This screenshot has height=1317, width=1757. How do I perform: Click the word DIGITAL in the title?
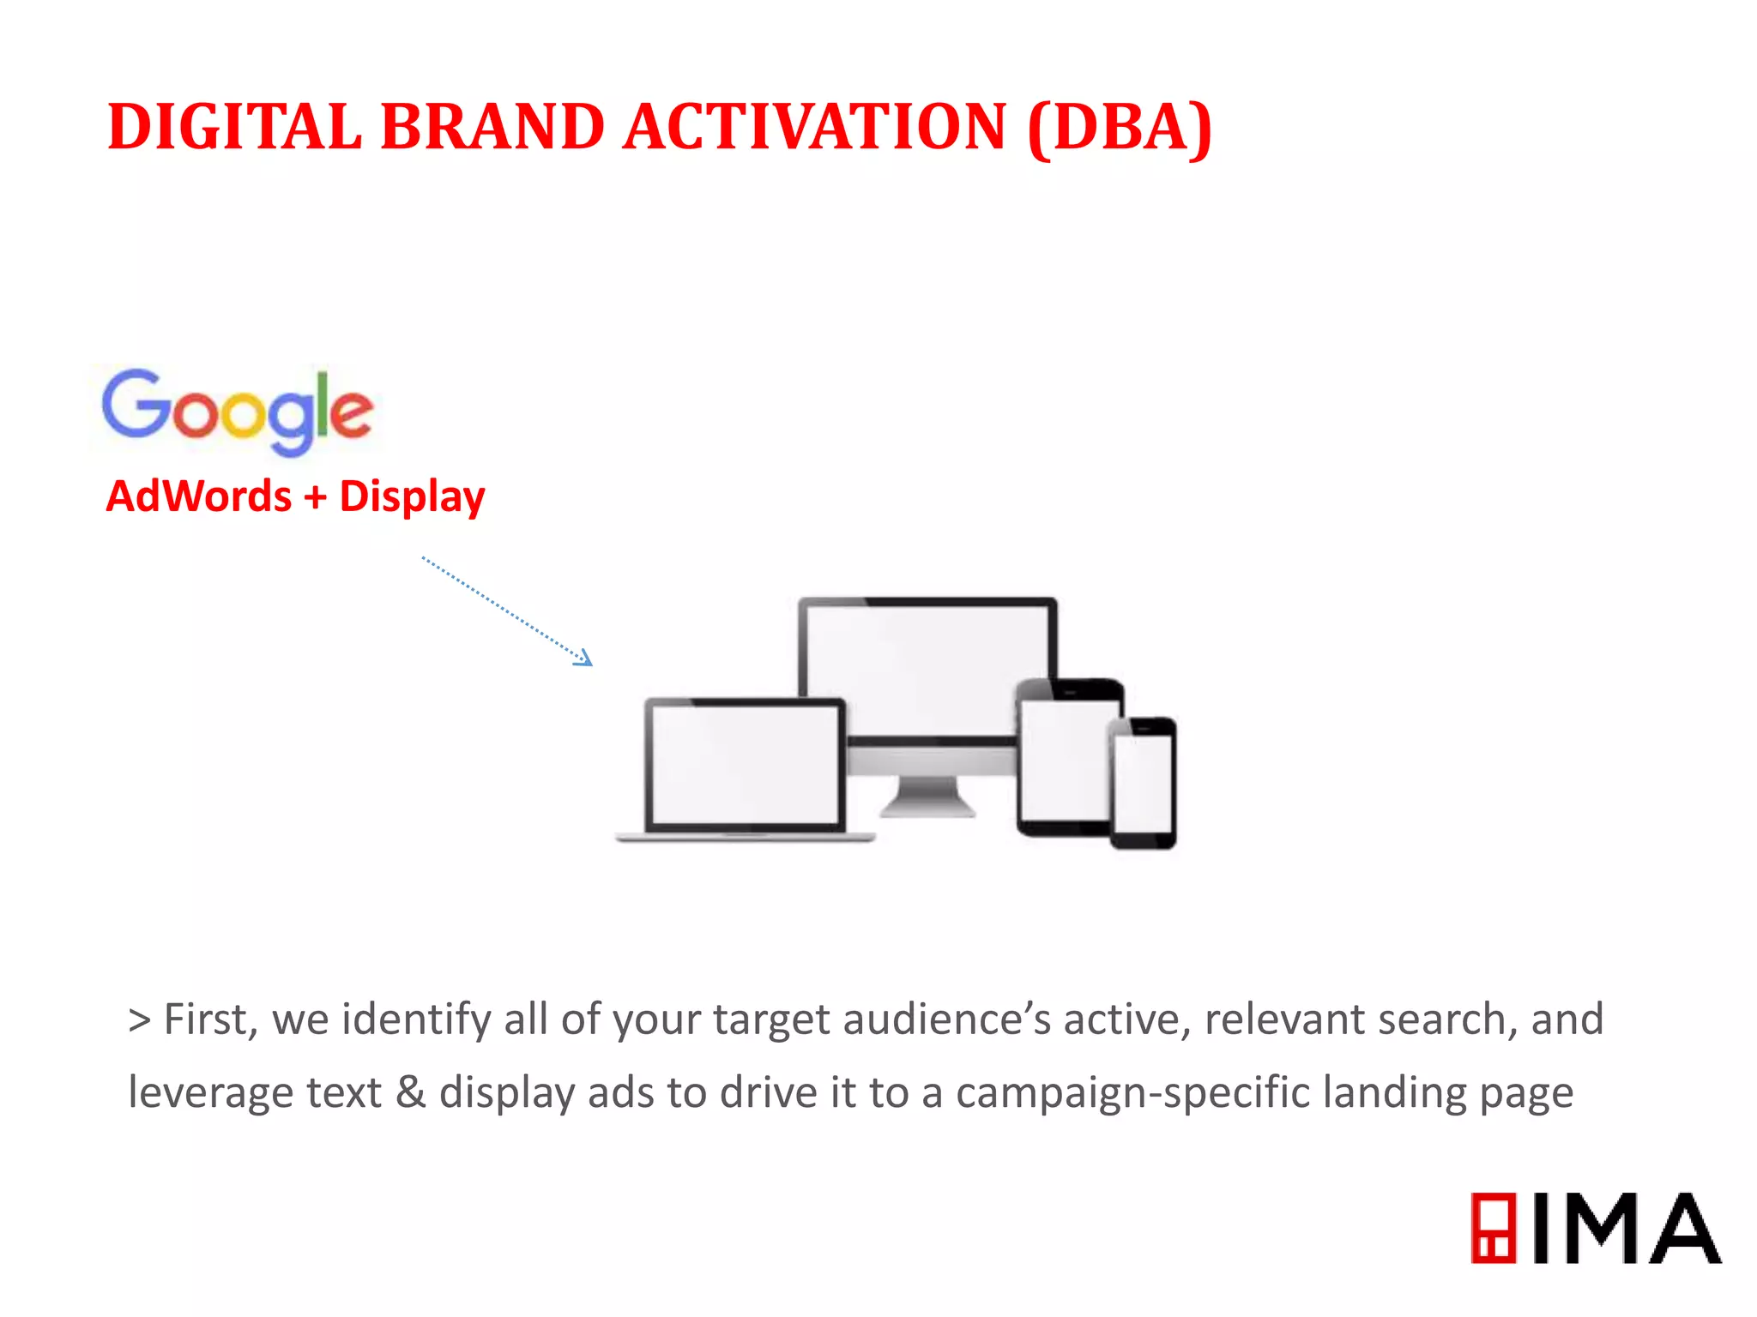(234, 127)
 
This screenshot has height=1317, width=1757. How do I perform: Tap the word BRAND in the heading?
(492, 127)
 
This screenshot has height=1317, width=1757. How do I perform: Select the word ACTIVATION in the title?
(815, 127)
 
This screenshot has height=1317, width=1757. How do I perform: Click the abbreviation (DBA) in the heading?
(1119, 127)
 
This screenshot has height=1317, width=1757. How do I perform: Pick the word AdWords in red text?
(199, 496)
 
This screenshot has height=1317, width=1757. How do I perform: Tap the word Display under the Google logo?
(412, 496)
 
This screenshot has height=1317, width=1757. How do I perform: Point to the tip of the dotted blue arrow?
(590, 663)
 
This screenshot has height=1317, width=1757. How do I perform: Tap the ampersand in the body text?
(411, 1092)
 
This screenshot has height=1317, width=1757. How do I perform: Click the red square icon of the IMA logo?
(1494, 1228)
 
